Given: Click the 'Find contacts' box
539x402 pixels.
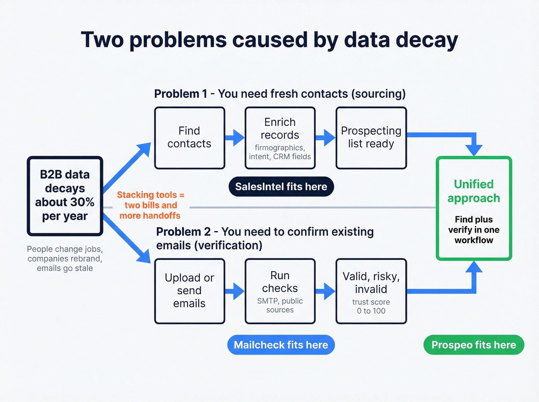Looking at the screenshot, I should pos(189,138).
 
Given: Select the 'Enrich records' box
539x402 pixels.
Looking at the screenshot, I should pos(280,138).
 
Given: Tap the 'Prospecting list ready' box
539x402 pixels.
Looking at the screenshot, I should pos(371,138).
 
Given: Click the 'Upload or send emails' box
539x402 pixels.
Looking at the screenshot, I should pos(189,291).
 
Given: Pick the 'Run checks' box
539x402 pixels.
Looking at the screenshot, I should pos(280,291).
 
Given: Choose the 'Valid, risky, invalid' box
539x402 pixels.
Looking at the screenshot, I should pos(371,291).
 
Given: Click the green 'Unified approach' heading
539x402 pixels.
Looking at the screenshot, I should pos(474,191).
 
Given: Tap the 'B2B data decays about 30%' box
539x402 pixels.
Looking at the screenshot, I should pos(65,195).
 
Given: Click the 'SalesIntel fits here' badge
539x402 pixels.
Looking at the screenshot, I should pos(281,187).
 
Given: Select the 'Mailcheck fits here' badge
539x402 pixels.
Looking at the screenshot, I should pos(281,345).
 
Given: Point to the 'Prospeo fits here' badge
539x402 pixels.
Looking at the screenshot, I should pos(474,345).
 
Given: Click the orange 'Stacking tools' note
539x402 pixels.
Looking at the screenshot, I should pos(150,205).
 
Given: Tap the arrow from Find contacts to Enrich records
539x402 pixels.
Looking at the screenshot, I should pos(234,138).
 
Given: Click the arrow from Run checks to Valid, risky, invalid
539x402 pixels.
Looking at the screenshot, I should pos(325,291).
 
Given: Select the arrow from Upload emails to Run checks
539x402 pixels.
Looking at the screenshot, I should pos(234,291).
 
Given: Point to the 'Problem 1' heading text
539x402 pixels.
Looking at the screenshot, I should pos(180,94).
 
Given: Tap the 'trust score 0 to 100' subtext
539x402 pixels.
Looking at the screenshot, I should pos(371,307).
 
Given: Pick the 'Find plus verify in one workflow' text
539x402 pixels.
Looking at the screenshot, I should pos(474,230).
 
